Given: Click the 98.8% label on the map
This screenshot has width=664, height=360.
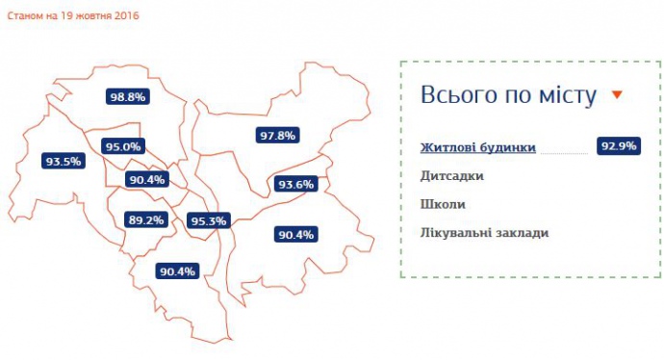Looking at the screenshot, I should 127,97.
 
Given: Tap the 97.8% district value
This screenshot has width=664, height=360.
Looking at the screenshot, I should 276,136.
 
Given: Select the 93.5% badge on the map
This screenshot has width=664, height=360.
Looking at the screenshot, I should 63,162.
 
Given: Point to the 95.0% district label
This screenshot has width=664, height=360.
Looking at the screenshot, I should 123,147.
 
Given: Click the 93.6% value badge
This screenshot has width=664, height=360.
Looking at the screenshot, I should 295,184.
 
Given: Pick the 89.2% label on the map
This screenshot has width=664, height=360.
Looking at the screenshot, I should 146,220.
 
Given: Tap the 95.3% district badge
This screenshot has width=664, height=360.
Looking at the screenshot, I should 208,221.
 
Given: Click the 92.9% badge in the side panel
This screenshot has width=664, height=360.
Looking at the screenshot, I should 618,147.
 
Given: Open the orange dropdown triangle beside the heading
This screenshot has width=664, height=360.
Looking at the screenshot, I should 617,95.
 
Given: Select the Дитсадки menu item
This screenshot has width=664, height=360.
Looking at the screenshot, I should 451,176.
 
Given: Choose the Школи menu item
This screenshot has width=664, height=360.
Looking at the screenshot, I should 444,204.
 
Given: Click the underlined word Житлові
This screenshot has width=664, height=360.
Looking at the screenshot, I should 450,148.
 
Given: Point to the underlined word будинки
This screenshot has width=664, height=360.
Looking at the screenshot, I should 509,148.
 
